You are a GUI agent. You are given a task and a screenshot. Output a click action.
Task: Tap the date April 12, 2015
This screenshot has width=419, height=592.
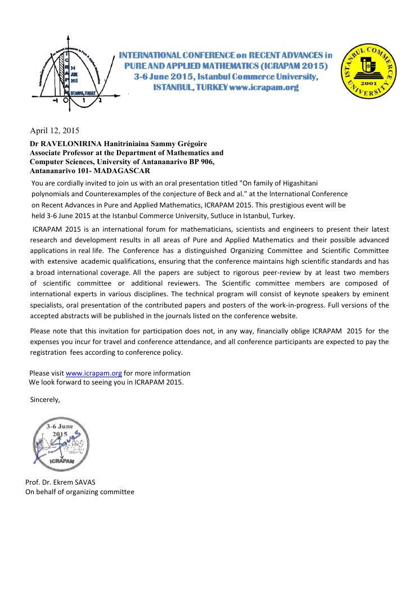click(55, 131)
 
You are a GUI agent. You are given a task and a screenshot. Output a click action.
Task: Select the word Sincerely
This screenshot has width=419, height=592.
click(44, 400)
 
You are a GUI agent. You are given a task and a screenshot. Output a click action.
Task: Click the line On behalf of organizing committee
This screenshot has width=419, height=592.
click(80, 492)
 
